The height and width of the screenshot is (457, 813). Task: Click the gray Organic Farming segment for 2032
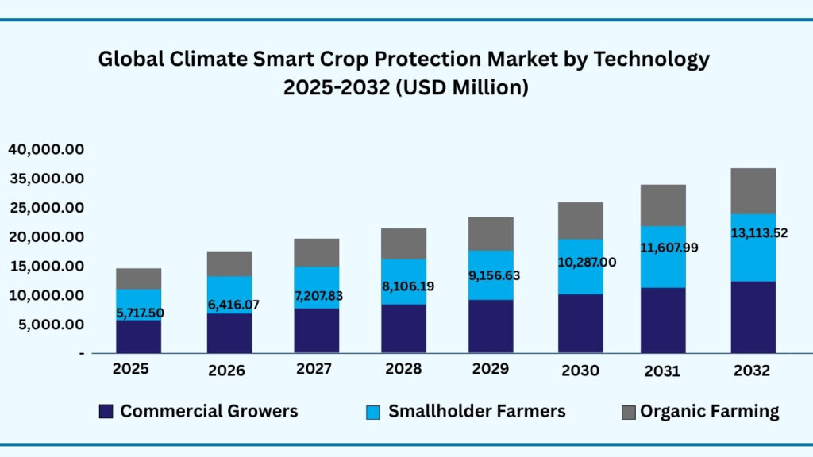753,190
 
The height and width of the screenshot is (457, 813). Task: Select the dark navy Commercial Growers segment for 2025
138,336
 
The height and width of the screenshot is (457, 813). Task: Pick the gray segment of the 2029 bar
491,233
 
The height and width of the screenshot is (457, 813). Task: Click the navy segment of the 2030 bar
580,323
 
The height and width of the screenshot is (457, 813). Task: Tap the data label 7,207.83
316,296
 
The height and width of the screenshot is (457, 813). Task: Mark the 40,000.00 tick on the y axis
46,149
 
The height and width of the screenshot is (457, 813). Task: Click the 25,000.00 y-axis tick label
46,208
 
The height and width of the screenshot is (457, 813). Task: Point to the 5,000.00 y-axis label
46,325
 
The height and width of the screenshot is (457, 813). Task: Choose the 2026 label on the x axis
226,371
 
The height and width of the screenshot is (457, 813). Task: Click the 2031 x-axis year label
662,371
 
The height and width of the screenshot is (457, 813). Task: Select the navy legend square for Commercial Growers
106,411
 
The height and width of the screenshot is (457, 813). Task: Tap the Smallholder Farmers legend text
476,411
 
